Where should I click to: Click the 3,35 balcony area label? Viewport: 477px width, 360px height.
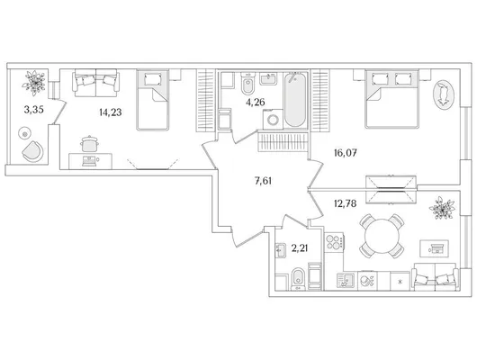(34, 110)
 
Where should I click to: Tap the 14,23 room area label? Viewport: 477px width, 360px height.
(111, 112)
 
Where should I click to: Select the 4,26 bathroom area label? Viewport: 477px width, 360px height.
(256, 103)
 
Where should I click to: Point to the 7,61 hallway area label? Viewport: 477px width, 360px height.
(263, 182)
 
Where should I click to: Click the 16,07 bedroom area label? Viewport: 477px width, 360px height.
(345, 153)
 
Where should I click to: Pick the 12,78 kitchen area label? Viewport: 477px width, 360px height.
(345, 203)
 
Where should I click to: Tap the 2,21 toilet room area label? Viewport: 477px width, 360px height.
(300, 248)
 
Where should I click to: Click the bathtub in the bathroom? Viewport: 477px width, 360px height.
(295, 99)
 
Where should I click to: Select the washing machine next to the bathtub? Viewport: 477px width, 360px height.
(273, 120)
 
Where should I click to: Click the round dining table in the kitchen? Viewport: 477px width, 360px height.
(382, 236)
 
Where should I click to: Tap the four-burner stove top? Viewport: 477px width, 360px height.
(334, 242)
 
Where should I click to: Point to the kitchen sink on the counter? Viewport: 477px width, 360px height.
(346, 280)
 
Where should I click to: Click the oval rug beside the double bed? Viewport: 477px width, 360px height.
(444, 94)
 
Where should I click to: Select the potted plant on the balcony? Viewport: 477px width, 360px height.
(34, 83)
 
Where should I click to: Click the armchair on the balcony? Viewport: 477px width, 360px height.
(32, 151)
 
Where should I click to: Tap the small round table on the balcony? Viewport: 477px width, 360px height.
(24, 133)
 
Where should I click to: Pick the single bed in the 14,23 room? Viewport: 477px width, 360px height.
(152, 100)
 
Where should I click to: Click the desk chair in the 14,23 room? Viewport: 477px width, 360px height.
(89, 144)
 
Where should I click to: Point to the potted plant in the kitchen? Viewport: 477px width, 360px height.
(442, 208)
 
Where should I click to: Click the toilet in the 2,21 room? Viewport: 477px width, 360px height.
(298, 279)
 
